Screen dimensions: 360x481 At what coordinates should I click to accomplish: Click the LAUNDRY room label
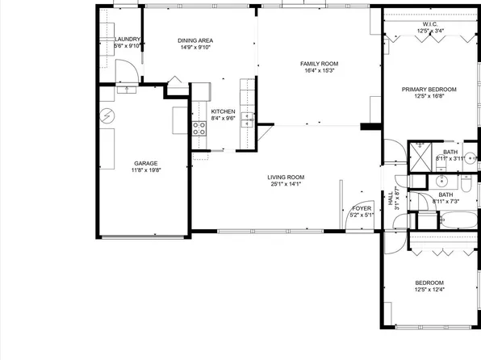128,39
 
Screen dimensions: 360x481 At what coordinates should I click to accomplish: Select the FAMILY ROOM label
319,64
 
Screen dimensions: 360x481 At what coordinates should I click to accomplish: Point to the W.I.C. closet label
429,24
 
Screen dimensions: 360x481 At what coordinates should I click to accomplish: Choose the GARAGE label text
146,163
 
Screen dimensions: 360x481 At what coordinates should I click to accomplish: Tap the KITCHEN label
223,111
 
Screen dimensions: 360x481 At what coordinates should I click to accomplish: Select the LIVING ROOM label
286,177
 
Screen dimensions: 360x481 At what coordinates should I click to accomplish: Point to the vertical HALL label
391,199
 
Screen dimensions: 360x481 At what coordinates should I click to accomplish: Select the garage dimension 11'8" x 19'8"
146,170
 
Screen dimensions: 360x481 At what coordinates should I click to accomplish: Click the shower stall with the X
420,154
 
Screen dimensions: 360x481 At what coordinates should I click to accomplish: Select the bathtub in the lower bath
427,219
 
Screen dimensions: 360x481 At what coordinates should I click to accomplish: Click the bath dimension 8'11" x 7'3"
445,200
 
